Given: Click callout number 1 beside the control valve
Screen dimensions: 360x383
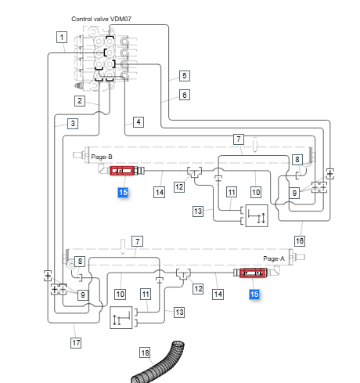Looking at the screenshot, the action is tap(62, 37).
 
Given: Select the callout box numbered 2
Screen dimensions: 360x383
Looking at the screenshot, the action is tap(80, 101).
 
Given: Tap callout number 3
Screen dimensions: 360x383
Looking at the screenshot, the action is tap(73, 124).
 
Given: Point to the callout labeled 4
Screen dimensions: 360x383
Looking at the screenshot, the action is tap(139, 122).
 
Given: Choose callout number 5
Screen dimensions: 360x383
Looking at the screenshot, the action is tap(185, 76).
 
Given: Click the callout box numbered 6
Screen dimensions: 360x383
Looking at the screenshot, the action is tap(185, 95).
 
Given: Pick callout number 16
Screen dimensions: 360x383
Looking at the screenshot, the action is tap(300, 241).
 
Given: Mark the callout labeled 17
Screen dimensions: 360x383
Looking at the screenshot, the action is tap(76, 343).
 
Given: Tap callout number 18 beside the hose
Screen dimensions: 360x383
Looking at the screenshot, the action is tap(145, 353).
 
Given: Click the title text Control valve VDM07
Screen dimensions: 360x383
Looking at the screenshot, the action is tap(101, 19).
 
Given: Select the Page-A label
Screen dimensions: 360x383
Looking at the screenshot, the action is tap(274, 258).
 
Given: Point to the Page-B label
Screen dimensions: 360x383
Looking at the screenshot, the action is tap(102, 157).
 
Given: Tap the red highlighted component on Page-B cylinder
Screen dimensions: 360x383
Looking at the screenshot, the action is tap(122, 171).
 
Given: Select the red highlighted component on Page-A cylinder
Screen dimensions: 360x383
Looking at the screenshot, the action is tap(253, 273).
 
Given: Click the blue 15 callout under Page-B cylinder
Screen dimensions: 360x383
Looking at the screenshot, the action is tap(123, 193).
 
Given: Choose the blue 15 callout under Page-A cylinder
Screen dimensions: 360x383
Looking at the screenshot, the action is tap(254, 294).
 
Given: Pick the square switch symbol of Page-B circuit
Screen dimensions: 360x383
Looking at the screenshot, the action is tap(257, 215).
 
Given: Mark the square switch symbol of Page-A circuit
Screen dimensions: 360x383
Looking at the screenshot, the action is tap(121, 317).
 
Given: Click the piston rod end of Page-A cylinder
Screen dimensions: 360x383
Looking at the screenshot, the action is tap(300, 257).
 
